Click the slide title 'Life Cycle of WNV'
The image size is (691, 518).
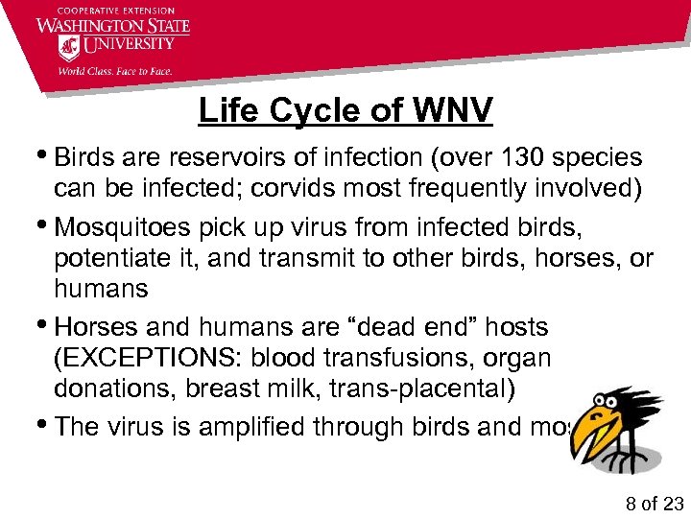tap(345, 110)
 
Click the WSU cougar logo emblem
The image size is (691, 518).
tap(69, 49)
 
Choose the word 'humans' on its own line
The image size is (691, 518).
tap(102, 288)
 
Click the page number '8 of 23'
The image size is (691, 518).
tap(653, 504)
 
